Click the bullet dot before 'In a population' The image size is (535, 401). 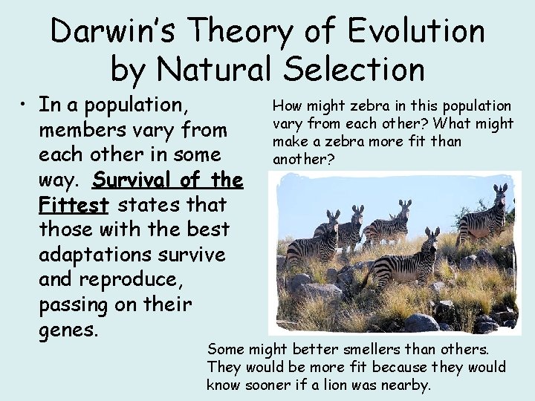(x=25, y=105)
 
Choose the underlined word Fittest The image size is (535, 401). (x=74, y=204)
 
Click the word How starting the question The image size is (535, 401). (x=287, y=106)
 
